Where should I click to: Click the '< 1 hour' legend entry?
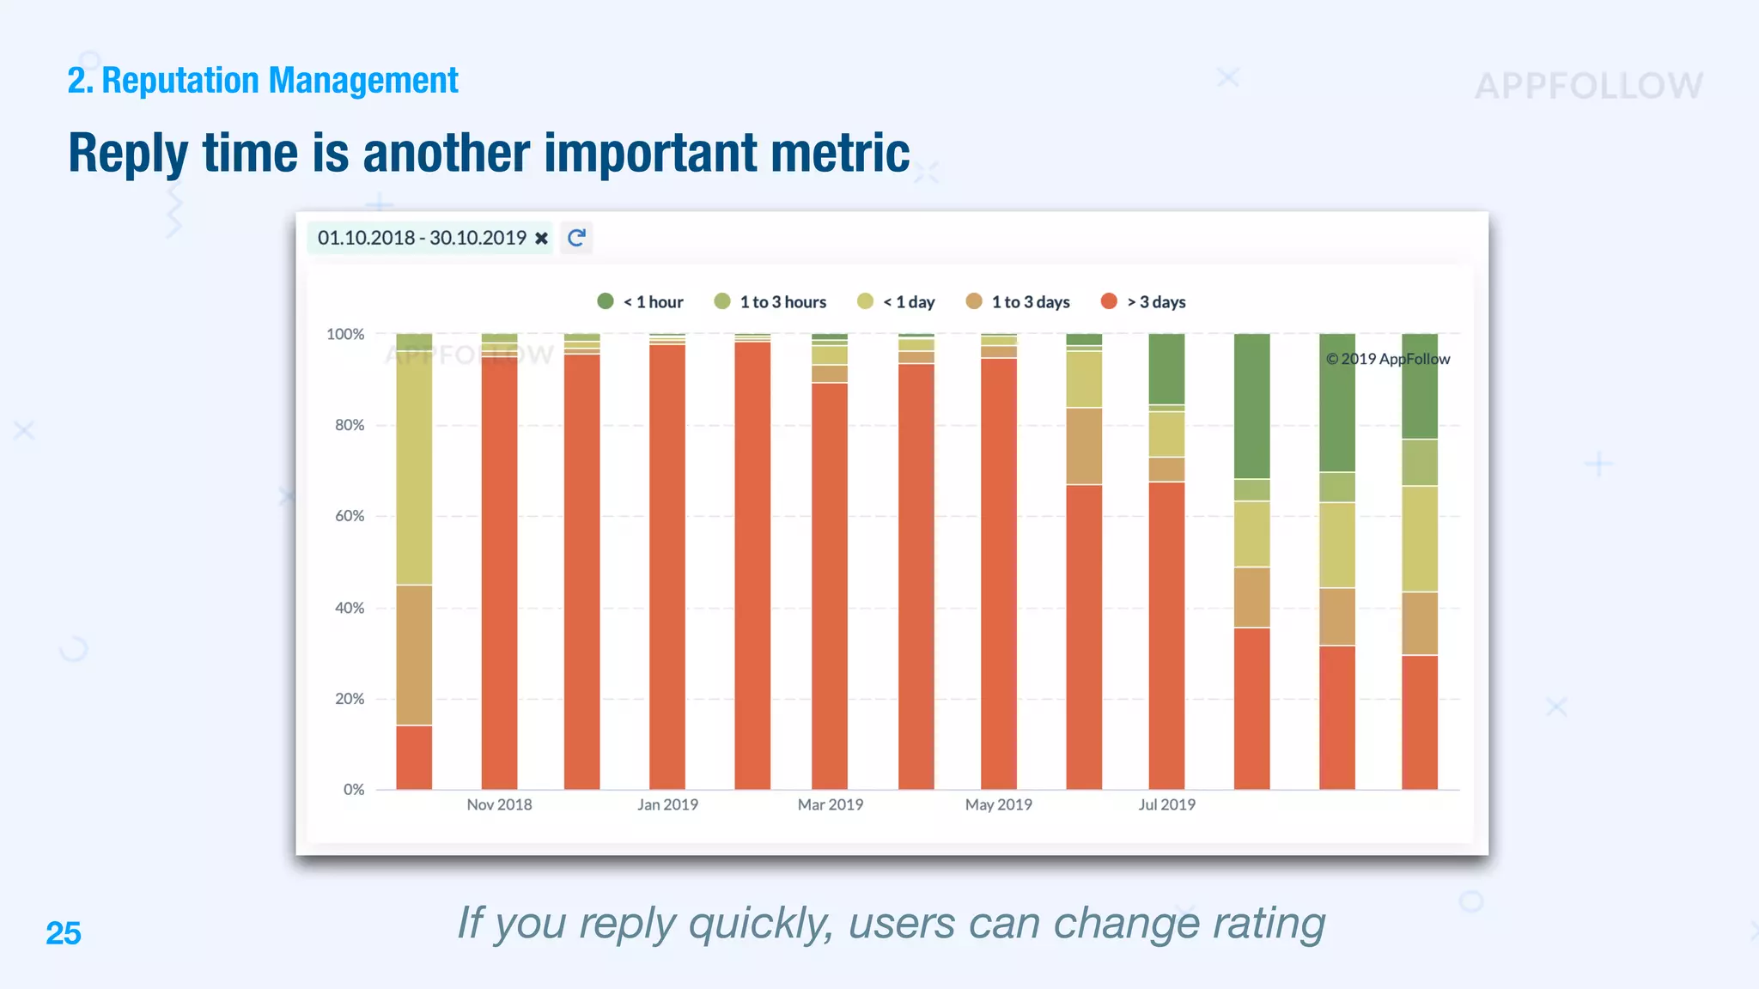[641, 302]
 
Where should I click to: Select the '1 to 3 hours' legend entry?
[770, 302]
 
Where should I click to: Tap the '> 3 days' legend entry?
[1143, 302]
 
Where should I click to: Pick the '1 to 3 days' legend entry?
[1019, 302]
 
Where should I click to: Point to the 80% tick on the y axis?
[350, 425]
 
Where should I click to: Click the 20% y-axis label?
[350, 699]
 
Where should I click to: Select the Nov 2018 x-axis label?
[499, 804]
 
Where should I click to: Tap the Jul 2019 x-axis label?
[1166, 804]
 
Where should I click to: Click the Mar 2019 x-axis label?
[830, 804]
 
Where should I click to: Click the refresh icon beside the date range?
[576, 238]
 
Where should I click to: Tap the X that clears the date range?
[541, 239]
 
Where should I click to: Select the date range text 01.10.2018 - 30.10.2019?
[421, 238]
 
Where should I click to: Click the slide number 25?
[64, 933]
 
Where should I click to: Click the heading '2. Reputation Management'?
[263, 81]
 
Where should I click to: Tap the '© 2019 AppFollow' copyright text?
[1387, 359]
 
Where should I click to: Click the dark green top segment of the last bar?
[1419, 386]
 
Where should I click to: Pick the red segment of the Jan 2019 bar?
[667, 567]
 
